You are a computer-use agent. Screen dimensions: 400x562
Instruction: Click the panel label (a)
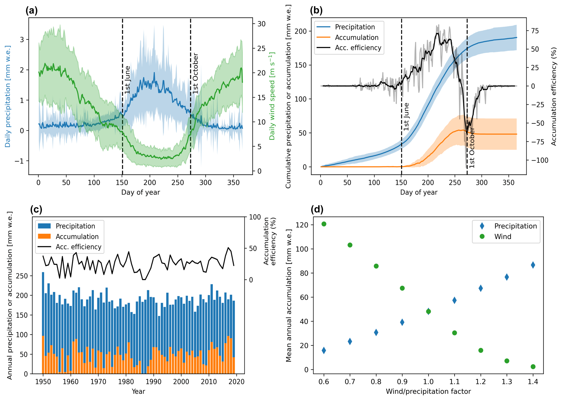(32, 11)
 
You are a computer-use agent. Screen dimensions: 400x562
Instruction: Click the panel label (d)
(317, 210)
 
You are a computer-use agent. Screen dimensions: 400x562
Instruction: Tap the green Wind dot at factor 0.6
(324, 224)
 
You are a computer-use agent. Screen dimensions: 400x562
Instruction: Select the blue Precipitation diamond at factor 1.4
(533, 265)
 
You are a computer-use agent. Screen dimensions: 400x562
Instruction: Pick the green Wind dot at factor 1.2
(481, 350)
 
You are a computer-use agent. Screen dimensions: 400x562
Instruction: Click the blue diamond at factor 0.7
(350, 341)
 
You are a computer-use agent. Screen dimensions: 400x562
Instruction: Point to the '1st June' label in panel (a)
(128, 80)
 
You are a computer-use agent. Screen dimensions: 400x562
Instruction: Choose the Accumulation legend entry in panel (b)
(356, 37)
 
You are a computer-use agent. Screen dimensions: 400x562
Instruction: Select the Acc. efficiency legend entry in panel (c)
(78, 247)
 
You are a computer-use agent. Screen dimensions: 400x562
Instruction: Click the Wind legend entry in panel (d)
(503, 236)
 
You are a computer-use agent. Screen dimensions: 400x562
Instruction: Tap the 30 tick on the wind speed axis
(262, 24)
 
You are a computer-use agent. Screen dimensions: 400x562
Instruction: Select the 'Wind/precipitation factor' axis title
(428, 392)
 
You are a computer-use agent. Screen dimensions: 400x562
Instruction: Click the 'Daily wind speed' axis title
(272, 96)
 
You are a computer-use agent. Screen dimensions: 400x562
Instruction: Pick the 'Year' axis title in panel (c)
(138, 392)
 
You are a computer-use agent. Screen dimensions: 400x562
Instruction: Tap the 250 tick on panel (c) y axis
(22, 276)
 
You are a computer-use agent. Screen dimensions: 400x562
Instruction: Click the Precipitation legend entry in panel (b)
(355, 27)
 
